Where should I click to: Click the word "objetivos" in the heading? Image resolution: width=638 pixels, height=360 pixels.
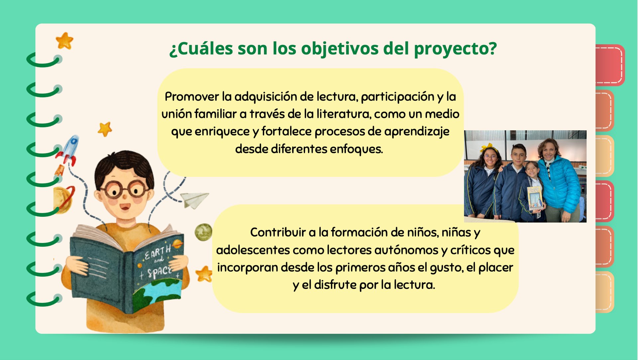[340, 49]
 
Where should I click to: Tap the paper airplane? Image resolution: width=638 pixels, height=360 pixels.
[195, 200]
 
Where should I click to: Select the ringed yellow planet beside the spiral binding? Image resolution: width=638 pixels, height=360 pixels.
[63, 199]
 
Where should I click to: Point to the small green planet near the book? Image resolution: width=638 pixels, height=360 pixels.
[203, 232]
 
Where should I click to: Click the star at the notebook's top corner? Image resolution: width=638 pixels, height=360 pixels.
[64, 41]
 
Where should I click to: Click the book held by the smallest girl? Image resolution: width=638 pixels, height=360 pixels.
[535, 198]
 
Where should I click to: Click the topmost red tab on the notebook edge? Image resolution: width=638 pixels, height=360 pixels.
[610, 65]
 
